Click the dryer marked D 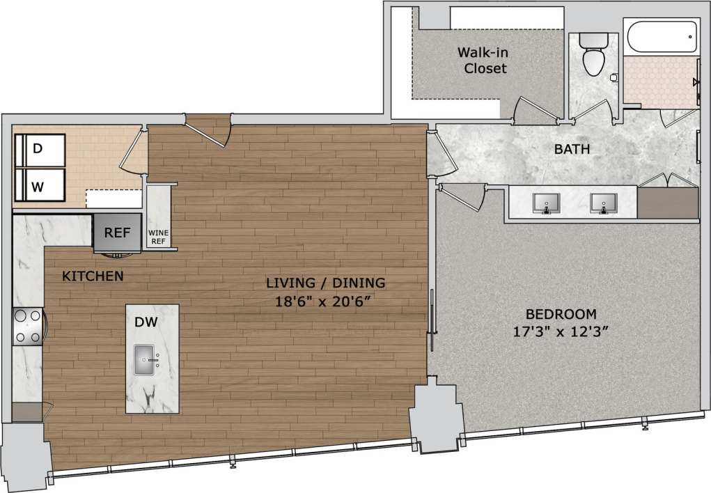point(40,149)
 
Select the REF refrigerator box point(117,233)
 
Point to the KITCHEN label point(93,276)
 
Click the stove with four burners point(28,326)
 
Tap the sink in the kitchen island point(150,360)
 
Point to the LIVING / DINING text point(325,283)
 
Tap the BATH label point(572,149)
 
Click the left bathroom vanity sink point(547,203)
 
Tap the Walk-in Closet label point(481,61)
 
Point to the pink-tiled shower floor point(659,82)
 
